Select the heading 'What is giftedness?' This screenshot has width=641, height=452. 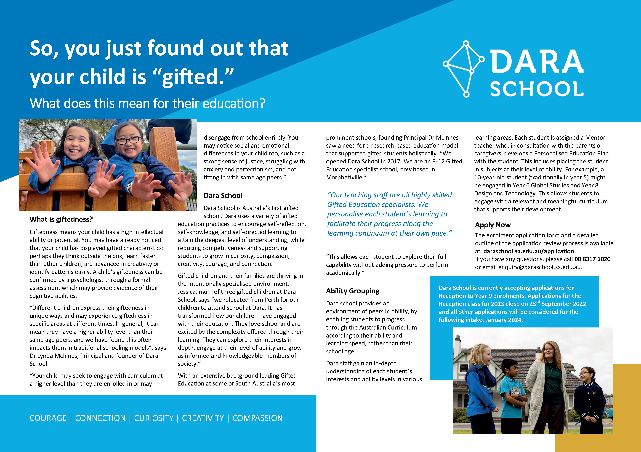tap(61, 219)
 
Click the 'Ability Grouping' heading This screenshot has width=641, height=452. tap(352, 291)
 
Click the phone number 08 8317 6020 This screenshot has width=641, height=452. tap(592, 259)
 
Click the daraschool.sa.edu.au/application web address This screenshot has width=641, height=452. tap(529, 251)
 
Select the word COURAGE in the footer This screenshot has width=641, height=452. tap(48, 418)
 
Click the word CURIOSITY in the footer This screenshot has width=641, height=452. tap(154, 418)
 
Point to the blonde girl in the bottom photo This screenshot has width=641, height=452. tap(481, 383)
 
